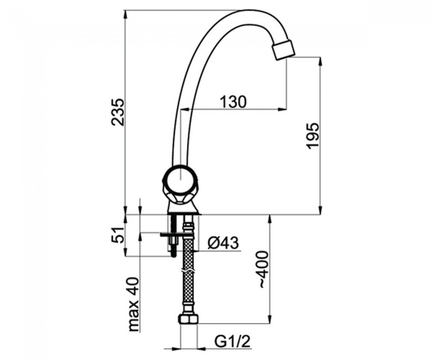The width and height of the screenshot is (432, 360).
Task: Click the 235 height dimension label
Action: coord(118,112)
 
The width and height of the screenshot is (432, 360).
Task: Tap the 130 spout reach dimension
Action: coord(233,102)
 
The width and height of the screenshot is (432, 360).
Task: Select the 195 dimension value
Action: coord(312,136)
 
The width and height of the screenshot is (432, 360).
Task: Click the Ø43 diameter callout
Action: coord(223,243)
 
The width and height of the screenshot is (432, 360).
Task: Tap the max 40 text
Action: coord(133,304)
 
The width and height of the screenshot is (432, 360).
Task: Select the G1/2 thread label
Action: coord(232,342)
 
